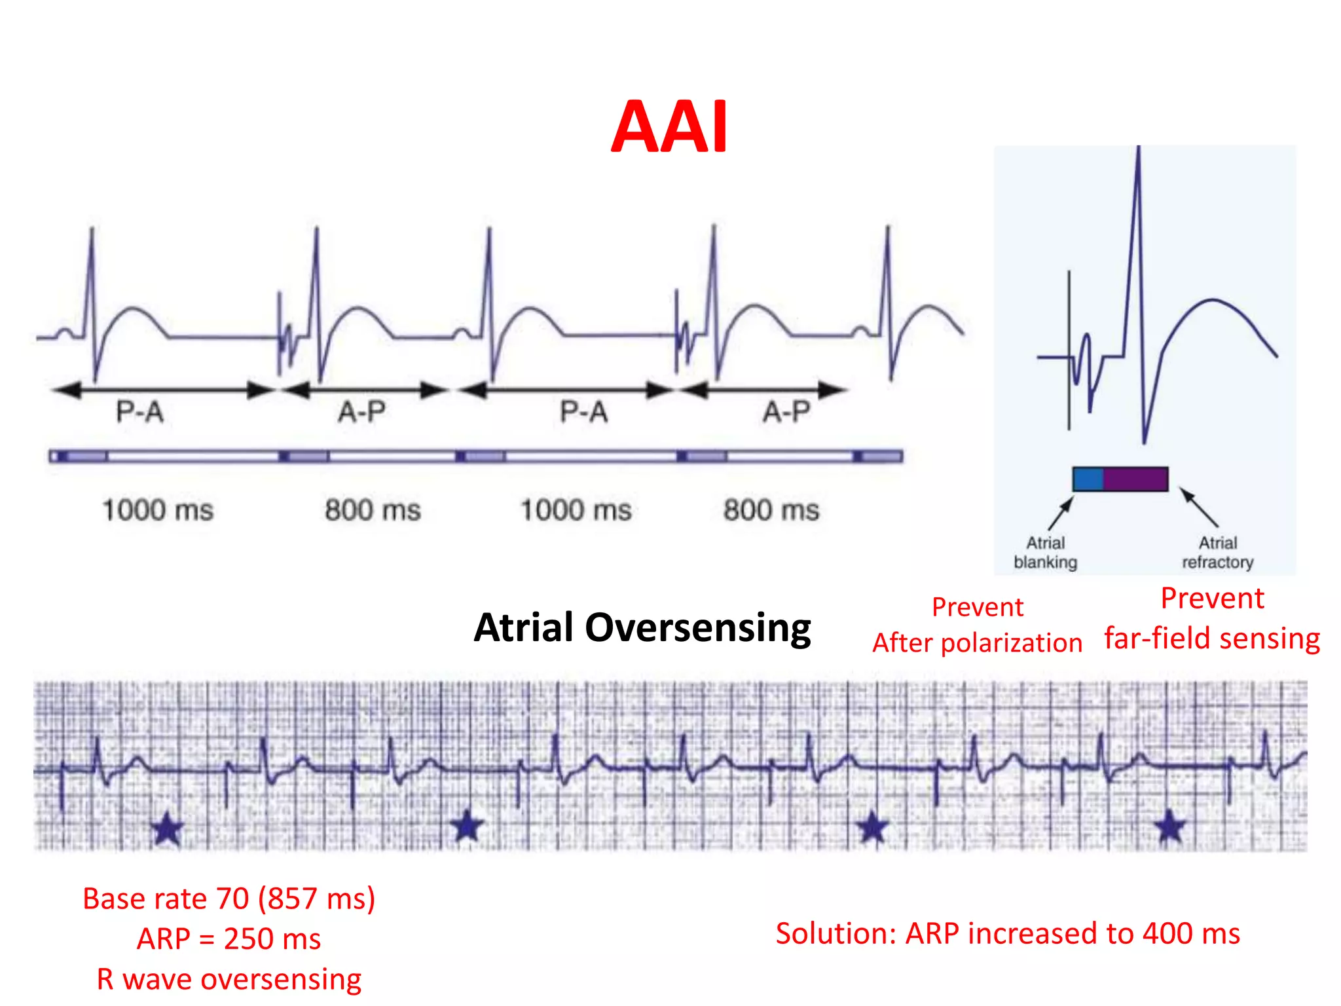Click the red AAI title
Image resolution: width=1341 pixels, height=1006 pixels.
point(669,127)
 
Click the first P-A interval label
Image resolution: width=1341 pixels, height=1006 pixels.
point(139,412)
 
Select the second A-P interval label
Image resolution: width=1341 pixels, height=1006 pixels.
point(786,412)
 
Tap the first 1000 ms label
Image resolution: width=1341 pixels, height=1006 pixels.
point(158,510)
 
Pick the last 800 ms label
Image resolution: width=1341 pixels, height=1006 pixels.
point(771,510)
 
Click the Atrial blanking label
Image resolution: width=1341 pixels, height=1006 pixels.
point(1045,552)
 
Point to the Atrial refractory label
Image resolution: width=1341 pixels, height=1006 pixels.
point(1217,552)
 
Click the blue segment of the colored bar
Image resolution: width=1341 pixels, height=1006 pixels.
point(1088,479)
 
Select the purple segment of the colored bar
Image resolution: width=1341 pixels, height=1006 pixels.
point(1135,479)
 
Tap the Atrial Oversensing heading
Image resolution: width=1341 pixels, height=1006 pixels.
point(642,627)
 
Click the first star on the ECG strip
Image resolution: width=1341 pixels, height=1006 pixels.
point(167,829)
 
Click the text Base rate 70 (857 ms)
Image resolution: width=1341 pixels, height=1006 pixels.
point(229,899)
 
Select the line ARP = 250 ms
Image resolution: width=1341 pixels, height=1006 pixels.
point(229,939)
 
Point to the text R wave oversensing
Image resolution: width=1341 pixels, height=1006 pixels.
point(229,979)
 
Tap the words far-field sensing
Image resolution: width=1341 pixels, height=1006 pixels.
point(1211,639)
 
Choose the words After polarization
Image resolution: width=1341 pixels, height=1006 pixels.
point(977,643)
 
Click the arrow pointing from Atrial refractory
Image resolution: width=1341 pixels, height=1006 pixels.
point(1200,507)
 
